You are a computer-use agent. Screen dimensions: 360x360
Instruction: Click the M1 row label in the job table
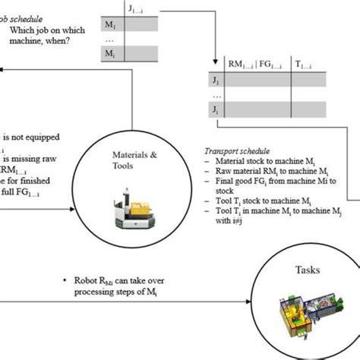point(109,25)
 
